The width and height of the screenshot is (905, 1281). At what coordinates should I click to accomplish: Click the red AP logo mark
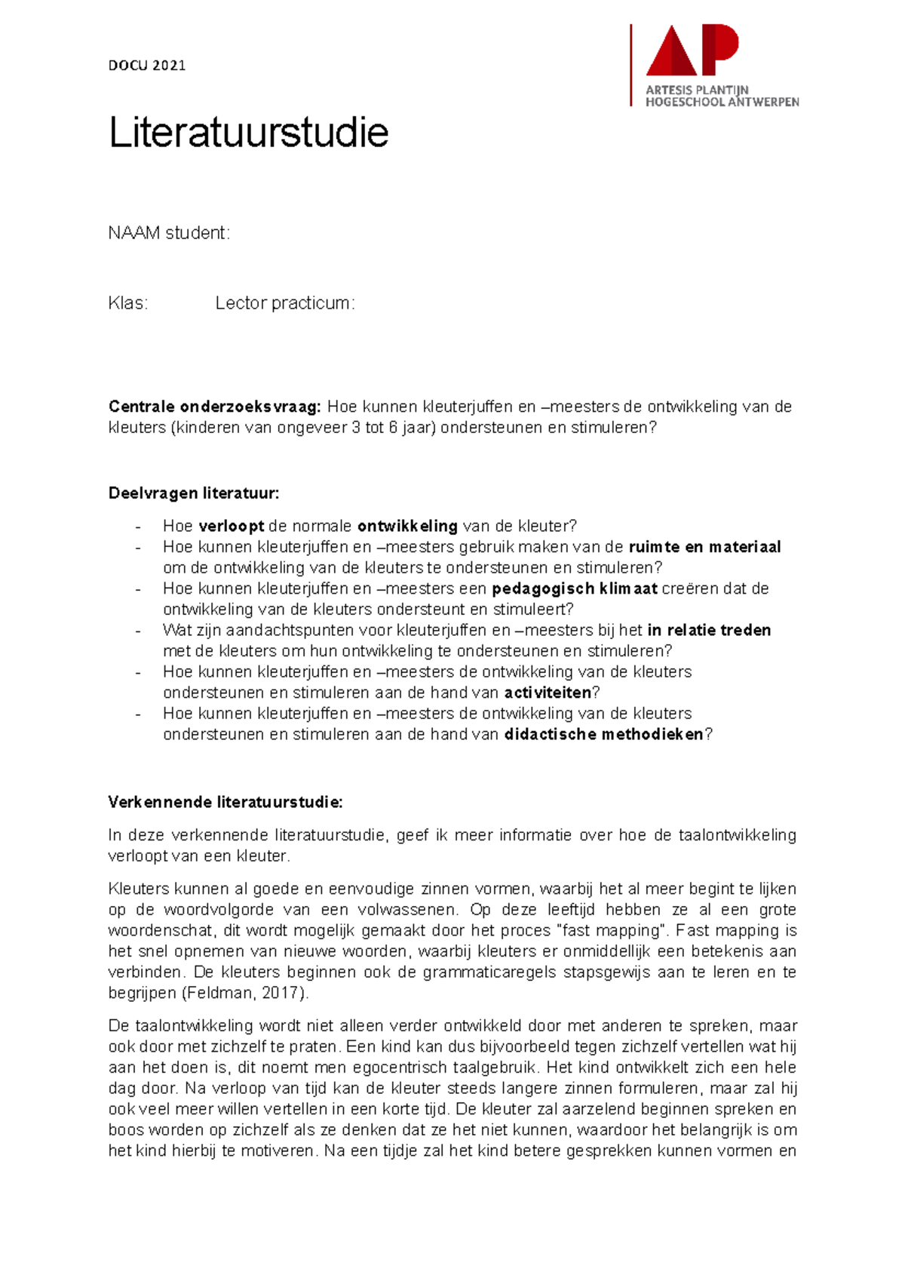(692, 51)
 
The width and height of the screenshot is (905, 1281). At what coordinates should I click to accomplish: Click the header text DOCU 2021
(147, 66)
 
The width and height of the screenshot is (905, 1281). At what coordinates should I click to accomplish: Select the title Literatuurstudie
(248, 133)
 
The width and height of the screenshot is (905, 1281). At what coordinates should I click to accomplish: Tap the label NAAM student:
(169, 233)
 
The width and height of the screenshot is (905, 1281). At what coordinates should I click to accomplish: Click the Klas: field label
(128, 303)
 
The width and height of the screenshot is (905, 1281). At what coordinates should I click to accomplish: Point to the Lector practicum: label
(284, 303)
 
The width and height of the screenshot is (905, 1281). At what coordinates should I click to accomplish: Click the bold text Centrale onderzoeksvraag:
(214, 407)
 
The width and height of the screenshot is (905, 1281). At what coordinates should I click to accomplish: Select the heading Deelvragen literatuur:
(194, 493)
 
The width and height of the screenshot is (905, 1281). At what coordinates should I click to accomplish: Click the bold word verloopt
(231, 526)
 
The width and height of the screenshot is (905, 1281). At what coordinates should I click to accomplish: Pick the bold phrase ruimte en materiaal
(704, 547)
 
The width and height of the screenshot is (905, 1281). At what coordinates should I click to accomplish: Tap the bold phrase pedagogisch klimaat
(575, 588)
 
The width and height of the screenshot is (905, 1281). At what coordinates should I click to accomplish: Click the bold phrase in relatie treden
(709, 630)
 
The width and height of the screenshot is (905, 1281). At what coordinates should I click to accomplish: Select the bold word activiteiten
(548, 693)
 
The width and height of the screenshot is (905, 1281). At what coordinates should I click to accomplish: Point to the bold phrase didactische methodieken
(603, 734)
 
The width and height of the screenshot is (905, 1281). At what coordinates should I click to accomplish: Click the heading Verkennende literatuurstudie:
(225, 802)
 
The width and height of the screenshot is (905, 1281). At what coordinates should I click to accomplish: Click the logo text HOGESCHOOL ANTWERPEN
(722, 102)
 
